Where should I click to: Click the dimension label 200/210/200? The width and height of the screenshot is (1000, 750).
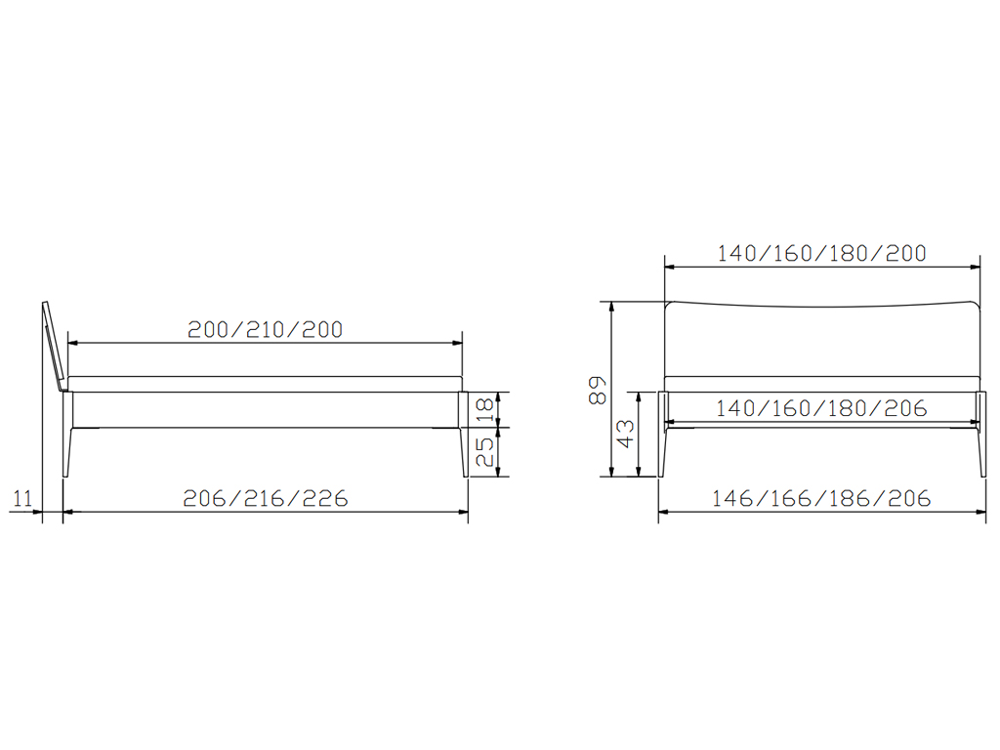click(x=266, y=329)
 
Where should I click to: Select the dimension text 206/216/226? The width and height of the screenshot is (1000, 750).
click(x=266, y=498)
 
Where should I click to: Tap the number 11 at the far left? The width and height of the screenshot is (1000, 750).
click(x=23, y=498)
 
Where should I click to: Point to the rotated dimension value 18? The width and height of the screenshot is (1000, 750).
click(x=485, y=409)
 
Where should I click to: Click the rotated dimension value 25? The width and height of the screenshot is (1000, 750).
click(x=485, y=451)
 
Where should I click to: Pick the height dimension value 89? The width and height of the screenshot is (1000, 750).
click(x=598, y=391)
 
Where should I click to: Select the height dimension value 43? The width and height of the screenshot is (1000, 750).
click(x=626, y=434)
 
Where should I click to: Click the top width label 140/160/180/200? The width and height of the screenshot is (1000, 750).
click(x=821, y=253)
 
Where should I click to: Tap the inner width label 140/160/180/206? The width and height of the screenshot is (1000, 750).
click(x=821, y=408)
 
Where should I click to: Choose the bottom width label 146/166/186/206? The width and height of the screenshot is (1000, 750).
click(x=821, y=498)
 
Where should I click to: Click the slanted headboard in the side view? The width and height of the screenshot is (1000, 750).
click(x=55, y=347)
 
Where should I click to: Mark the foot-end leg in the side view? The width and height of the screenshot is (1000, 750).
click(x=463, y=434)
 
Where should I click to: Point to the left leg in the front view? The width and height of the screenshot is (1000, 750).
click(x=663, y=434)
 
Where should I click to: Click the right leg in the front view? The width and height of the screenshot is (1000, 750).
click(x=980, y=434)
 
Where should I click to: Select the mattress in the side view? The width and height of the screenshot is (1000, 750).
click(x=266, y=384)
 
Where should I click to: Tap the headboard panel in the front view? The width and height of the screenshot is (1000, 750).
click(x=822, y=339)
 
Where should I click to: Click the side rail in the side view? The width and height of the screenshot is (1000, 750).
click(x=266, y=409)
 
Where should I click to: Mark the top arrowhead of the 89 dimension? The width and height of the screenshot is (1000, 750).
click(x=611, y=307)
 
